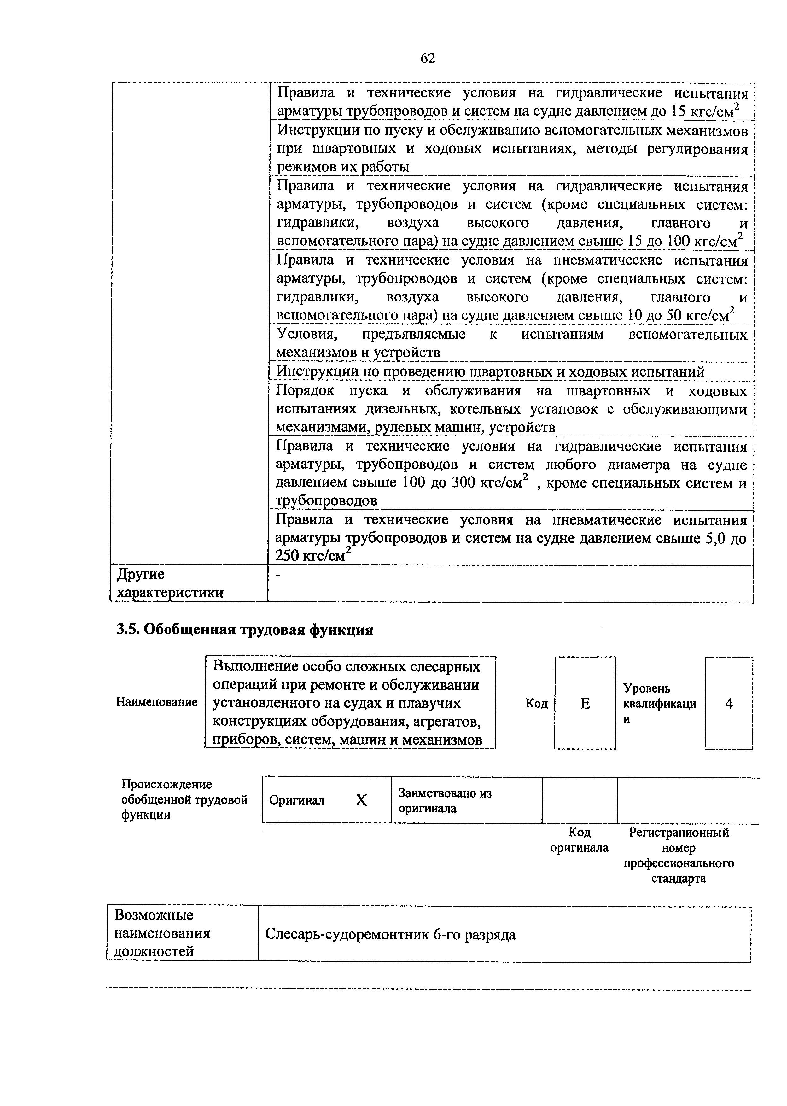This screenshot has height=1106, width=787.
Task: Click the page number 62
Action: point(428,58)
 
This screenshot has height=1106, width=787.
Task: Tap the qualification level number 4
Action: point(728,704)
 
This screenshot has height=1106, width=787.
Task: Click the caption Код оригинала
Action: point(579,840)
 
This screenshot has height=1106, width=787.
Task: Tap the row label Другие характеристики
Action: point(170,583)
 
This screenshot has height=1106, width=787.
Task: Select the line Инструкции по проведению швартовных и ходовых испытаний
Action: point(490,372)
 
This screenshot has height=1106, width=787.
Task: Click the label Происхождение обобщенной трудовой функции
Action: point(184,800)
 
